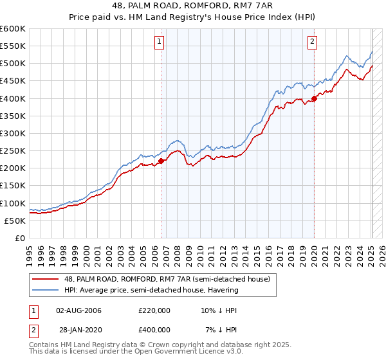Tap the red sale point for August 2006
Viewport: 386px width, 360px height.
pyautogui.click(x=161, y=161)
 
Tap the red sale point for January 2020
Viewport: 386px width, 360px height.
pyautogui.click(x=314, y=98)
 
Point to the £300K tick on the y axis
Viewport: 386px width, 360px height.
pyautogui.click(x=13, y=133)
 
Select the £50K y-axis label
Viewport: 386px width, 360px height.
pyautogui.click(x=15, y=221)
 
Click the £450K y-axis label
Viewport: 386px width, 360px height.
pyautogui.click(x=13, y=80)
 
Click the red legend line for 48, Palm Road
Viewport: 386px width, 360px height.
pyautogui.click(x=45, y=278)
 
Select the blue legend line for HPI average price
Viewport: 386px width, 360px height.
pyautogui.click(x=45, y=290)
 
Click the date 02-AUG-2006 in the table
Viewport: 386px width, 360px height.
pyautogui.click(x=78, y=310)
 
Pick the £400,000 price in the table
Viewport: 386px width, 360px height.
pyautogui.click(x=154, y=330)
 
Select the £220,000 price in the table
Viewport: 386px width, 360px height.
pyautogui.click(x=154, y=310)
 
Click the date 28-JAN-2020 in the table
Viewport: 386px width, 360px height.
pyautogui.click(x=78, y=330)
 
